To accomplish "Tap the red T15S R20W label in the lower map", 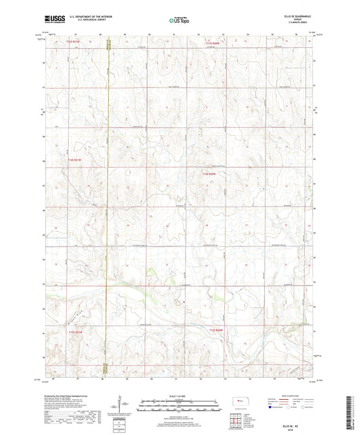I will [215, 330].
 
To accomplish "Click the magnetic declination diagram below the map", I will [122, 407].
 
